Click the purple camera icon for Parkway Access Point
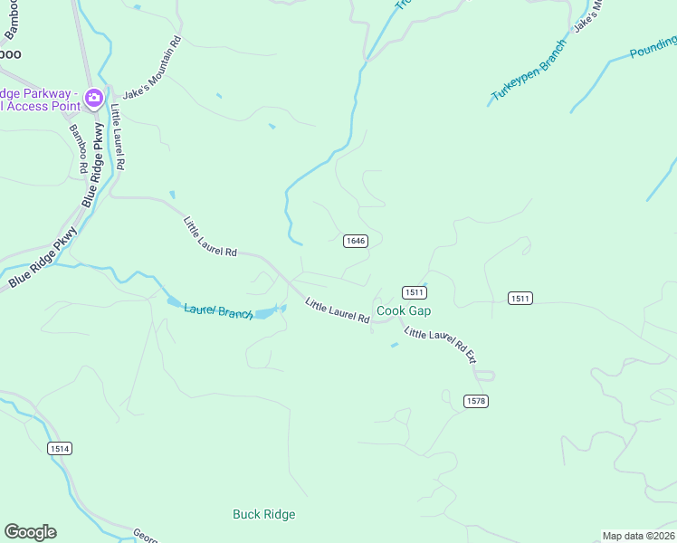pyautogui.click(x=93, y=97)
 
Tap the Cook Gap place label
pyautogui.click(x=404, y=310)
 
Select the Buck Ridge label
pyautogui.click(x=263, y=514)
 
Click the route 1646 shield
pyautogui.click(x=356, y=241)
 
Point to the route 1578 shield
pyautogui.click(x=475, y=401)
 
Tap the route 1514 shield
pyautogui.click(x=59, y=448)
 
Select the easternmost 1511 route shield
pyautogui.click(x=520, y=298)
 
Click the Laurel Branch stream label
pyautogui.click(x=218, y=311)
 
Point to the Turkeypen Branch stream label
pyautogui.click(x=529, y=71)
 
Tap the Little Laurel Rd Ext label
pyautogui.click(x=440, y=345)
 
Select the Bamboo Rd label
pyautogui.click(x=78, y=149)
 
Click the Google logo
pyautogui.click(x=30, y=532)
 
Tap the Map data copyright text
pyautogui.click(x=638, y=536)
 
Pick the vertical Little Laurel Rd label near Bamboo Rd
pyautogui.click(x=118, y=138)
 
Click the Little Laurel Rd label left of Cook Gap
pyautogui.click(x=337, y=311)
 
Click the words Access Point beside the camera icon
pyautogui.click(x=41, y=105)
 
